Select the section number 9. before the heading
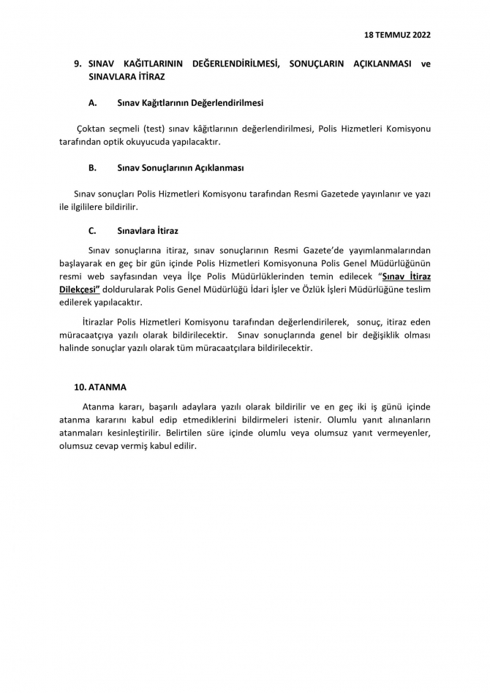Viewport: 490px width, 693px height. pyautogui.click(x=78, y=64)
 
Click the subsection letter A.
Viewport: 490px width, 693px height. pyautogui.click(x=92, y=103)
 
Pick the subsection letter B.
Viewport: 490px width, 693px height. pyautogui.click(x=92, y=167)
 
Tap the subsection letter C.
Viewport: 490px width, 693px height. pyautogui.click(x=92, y=230)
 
